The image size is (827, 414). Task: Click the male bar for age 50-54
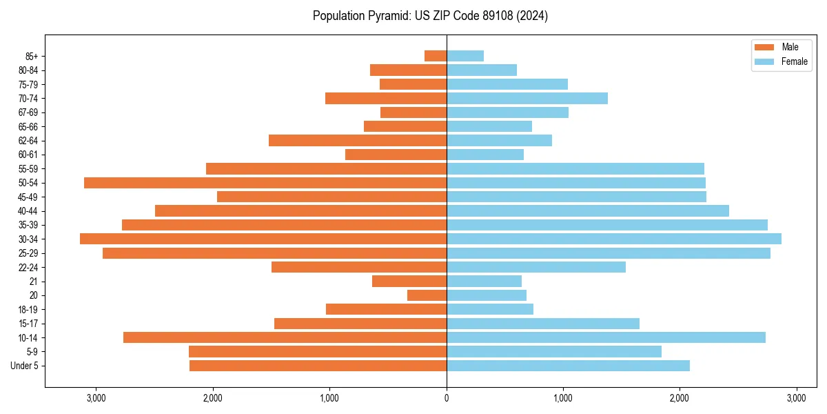[x=265, y=183]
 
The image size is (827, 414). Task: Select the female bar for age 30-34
[x=613, y=239]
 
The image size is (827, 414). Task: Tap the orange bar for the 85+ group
[x=436, y=56]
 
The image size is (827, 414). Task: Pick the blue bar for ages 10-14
[x=606, y=337]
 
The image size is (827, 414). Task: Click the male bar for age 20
[x=427, y=295]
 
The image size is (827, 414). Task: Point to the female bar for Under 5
[x=568, y=366]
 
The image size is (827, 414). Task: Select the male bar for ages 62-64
[x=358, y=141]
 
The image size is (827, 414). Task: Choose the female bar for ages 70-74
[x=527, y=99]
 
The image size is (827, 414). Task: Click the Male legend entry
[x=790, y=47]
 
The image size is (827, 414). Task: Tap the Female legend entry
[x=794, y=61]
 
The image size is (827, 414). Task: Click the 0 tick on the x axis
[x=447, y=398]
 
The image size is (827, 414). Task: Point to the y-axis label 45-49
[x=28, y=197]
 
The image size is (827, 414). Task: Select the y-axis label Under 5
[x=25, y=366]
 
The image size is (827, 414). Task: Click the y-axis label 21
[x=34, y=282]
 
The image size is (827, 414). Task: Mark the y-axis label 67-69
[x=28, y=112]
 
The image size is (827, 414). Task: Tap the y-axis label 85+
[x=31, y=56]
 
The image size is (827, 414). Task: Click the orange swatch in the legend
[x=764, y=47]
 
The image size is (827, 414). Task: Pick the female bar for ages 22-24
[x=536, y=267]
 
